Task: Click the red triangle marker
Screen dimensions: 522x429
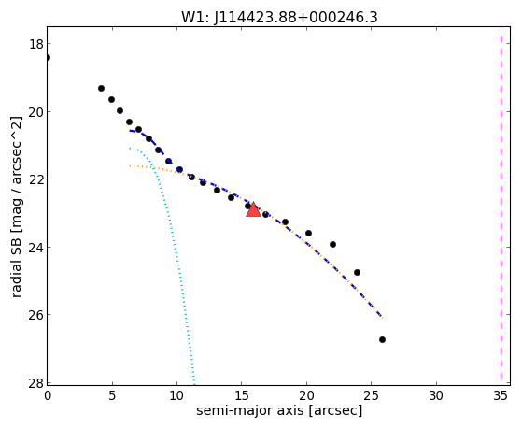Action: tap(253, 209)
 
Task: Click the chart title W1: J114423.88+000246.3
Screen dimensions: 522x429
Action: tap(279, 17)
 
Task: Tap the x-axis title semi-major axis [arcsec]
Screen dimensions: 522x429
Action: tap(279, 410)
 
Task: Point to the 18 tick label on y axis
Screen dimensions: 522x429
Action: tap(35, 44)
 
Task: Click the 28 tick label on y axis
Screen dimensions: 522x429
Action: tap(35, 383)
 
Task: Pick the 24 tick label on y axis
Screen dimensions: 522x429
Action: tap(35, 248)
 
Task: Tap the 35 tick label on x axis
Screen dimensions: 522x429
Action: tap(501, 396)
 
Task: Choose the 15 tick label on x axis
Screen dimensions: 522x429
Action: tap(242, 396)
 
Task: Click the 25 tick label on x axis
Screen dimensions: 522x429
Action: tap(372, 396)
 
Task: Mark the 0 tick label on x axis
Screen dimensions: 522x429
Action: tap(48, 396)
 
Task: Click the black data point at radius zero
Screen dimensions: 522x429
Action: tap(47, 58)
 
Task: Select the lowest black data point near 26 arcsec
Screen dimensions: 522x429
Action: tap(382, 339)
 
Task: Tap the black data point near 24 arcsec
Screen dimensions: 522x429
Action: tap(358, 272)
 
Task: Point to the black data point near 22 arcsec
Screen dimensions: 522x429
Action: tap(332, 244)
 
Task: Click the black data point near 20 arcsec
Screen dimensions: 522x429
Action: tap(308, 233)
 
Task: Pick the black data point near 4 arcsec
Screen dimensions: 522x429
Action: tap(101, 89)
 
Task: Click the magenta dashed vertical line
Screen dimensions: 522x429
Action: tap(501, 206)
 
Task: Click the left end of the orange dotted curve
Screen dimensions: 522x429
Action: tap(130, 165)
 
